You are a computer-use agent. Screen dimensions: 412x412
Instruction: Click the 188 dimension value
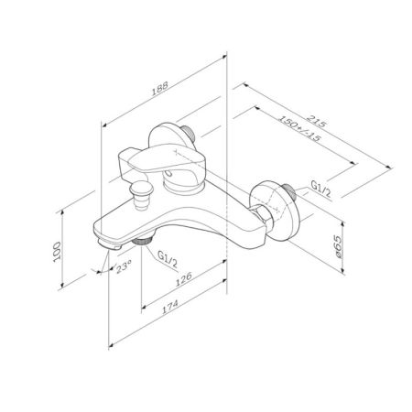pyautogui.click(x=160, y=88)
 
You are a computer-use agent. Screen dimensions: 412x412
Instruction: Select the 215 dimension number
pyautogui.click(x=317, y=121)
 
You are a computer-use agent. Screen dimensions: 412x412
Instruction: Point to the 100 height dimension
pyautogui.click(x=57, y=252)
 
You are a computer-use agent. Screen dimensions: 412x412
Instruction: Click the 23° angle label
pyautogui.click(x=124, y=266)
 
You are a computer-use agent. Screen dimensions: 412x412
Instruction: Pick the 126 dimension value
pyautogui.click(x=183, y=278)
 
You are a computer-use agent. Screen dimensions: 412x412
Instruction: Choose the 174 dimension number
pyautogui.click(x=169, y=307)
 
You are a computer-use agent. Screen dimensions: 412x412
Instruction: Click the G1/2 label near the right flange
pyautogui.click(x=320, y=189)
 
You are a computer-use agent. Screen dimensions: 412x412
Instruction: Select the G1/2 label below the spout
pyautogui.click(x=168, y=258)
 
